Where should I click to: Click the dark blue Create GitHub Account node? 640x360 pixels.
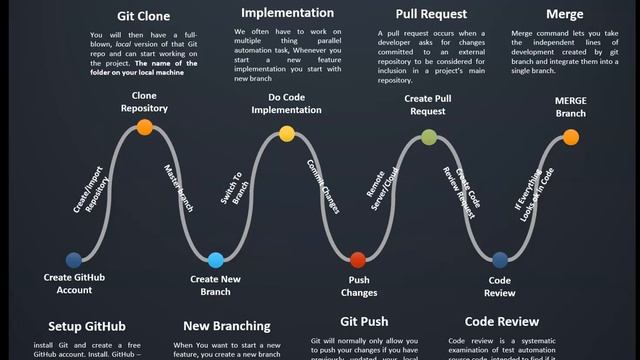point(73,260)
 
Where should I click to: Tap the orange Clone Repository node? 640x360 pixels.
point(145,127)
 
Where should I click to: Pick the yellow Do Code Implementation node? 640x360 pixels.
point(287,133)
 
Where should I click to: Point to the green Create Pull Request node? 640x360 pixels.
point(429,137)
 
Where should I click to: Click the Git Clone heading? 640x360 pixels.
point(144,17)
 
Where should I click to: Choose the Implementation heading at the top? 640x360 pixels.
point(287,13)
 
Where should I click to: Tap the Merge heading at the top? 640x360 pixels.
point(565,14)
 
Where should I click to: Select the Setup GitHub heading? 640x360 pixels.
point(86,326)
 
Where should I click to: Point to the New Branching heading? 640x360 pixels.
point(227,326)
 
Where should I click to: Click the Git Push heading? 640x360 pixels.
point(364,322)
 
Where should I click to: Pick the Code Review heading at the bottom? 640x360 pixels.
point(503,322)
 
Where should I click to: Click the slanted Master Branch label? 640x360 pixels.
point(180,188)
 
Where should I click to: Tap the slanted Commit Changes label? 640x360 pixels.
point(324,186)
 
